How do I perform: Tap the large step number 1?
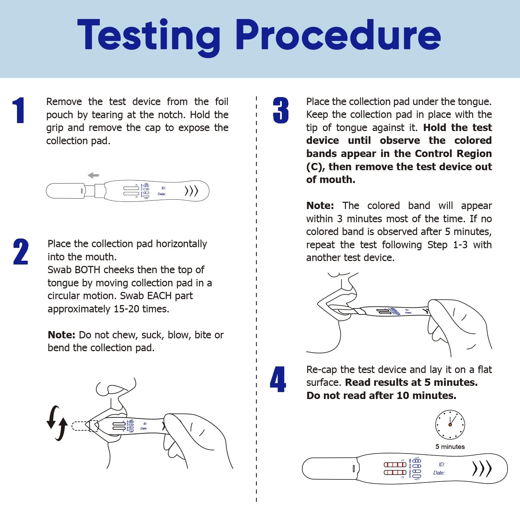point(19,110)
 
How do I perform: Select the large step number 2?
point(21,252)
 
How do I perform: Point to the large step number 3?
point(280,110)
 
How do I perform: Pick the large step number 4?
point(278,379)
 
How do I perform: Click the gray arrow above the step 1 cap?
point(93,175)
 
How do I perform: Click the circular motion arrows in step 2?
point(57,423)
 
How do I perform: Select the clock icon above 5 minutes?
point(450,425)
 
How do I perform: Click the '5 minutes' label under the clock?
point(450,447)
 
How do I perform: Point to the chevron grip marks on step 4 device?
point(482,469)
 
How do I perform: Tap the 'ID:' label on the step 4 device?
point(442,464)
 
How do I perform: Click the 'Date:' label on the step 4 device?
point(439,473)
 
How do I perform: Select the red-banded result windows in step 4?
point(395,468)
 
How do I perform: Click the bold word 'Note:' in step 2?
point(61,335)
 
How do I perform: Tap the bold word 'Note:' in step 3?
point(320,206)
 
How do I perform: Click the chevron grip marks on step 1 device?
point(191,191)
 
